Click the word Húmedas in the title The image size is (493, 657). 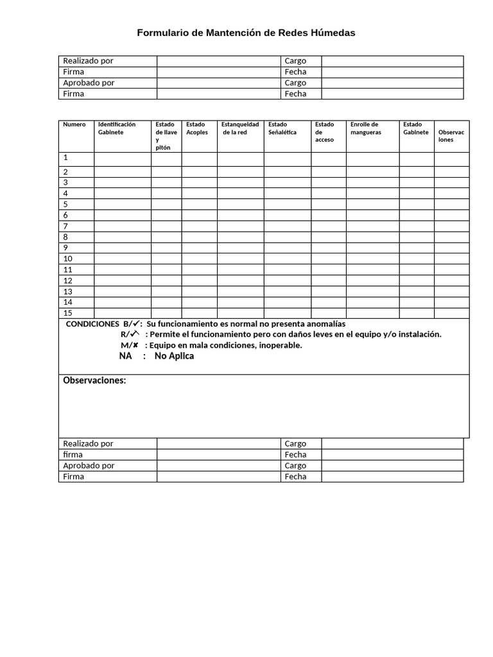click(x=333, y=33)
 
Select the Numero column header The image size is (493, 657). click(x=74, y=124)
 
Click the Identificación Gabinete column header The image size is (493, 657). click(x=116, y=128)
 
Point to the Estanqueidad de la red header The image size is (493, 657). click(x=240, y=128)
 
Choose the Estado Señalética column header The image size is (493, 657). click(x=282, y=128)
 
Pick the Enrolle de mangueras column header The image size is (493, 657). click(x=365, y=128)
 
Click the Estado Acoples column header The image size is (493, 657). click(x=197, y=128)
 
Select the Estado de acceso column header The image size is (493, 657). click(x=324, y=132)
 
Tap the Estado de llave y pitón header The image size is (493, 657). click(x=166, y=135)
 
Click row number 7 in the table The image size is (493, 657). click(x=65, y=226)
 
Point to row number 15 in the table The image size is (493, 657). click(x=67, y=313)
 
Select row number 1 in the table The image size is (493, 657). click(x=65, y=157)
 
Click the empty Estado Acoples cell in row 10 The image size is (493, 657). click(x=199, y=259)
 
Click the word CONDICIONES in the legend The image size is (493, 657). click(x=92, y=324)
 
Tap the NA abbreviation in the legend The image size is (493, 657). click(x=126, y=356)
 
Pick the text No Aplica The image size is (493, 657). click(x=174, y=356)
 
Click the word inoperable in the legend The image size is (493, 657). click(x=278, y=345)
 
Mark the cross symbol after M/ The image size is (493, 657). click(x=136, y=345)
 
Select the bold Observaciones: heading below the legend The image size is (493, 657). click(x=94, y=381)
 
